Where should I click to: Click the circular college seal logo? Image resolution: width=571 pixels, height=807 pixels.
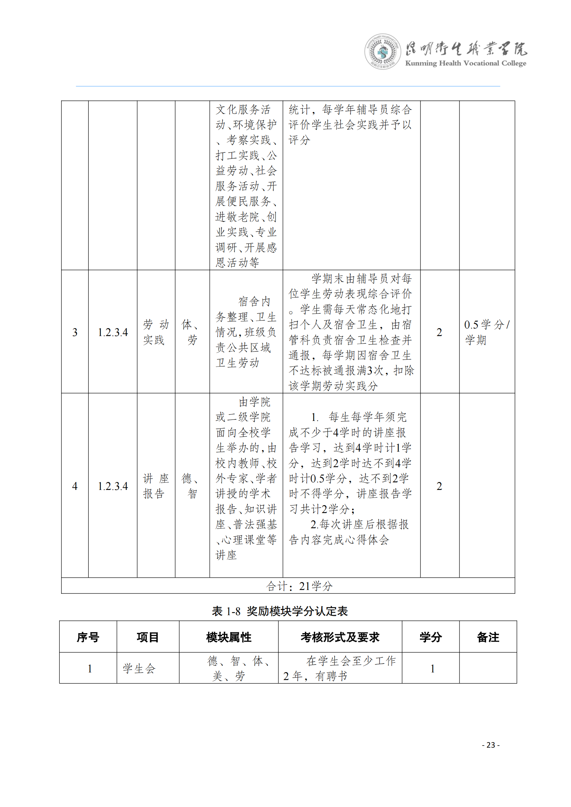(x=383, y=52)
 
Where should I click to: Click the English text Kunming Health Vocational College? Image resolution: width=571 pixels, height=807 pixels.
(x=465, y=63)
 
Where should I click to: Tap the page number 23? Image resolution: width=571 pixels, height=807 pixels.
(x=491, y=745)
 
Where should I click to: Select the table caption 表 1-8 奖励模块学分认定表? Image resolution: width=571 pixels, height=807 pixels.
(x=280, y=611)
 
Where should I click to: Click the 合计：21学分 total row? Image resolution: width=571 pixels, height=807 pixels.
(x=299, y=586)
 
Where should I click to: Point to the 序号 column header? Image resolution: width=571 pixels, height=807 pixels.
(x=88, y=637)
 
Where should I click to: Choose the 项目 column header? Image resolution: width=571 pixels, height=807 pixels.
(x=148, y=637)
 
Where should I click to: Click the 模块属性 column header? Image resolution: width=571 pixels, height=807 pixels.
(x=229, y=637)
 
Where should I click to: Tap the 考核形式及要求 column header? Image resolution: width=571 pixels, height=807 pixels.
(x=340, y=637)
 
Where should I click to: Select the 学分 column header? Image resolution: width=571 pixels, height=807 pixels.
(x=430, y=637)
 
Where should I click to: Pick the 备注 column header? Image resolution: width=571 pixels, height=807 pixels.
(x=488, y=637)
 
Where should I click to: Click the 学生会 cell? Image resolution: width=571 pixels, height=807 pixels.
(x=139, y=668)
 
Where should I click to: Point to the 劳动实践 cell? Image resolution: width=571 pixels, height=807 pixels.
(x=156, y=332)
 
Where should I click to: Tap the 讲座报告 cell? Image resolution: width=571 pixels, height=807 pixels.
(x=156, y=486)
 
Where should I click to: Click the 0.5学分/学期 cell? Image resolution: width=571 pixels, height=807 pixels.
(x=487, y=332)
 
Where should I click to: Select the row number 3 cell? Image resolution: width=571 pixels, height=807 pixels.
(x=75, y=332)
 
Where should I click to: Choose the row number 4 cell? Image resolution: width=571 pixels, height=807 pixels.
(x=75, y=486)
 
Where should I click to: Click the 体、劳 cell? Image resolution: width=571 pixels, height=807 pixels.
(x=192, y=332)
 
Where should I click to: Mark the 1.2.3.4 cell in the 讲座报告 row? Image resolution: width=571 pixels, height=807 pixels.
(x=113, y=486)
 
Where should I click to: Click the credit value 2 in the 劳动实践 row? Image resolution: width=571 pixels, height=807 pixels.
(x=439, y=332)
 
